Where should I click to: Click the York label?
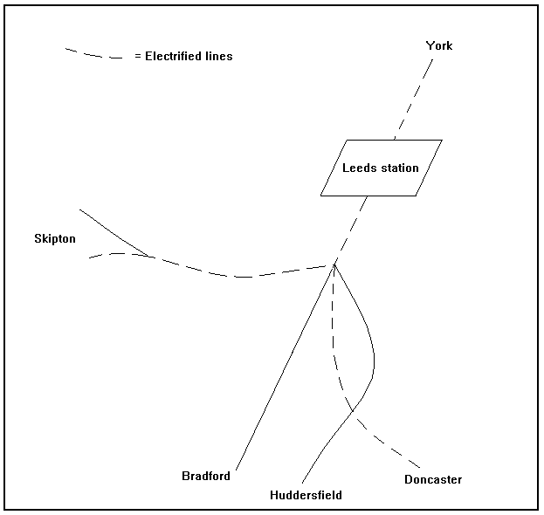pyautogui.click(x=439, y=45)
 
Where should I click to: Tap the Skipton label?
pyautogui.click(x=54, y=238)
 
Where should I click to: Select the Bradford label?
pyautogui.click(x=206, y=476)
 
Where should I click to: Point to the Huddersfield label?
pyautogui.click(x=306, y=495)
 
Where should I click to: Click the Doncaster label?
pyautogui.click(x=433, y=479)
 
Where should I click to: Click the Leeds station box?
pyautogui.click(x=381, y=168)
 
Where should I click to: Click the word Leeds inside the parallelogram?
pyautogui.click(x=357, y=168)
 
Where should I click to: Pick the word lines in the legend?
pyautogui.click(x=218, y=57)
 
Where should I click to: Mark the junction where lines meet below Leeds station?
pyautogui.click(x=334, y=264)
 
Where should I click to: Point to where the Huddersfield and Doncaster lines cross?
pyautogui.click(x=352, y=410)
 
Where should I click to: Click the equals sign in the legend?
pyautogui.click(x=138, y=57)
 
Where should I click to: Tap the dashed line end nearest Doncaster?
pyautogui.click(x=420, y=467)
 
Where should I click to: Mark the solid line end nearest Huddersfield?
pyautogui.click(x=302, y=483)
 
